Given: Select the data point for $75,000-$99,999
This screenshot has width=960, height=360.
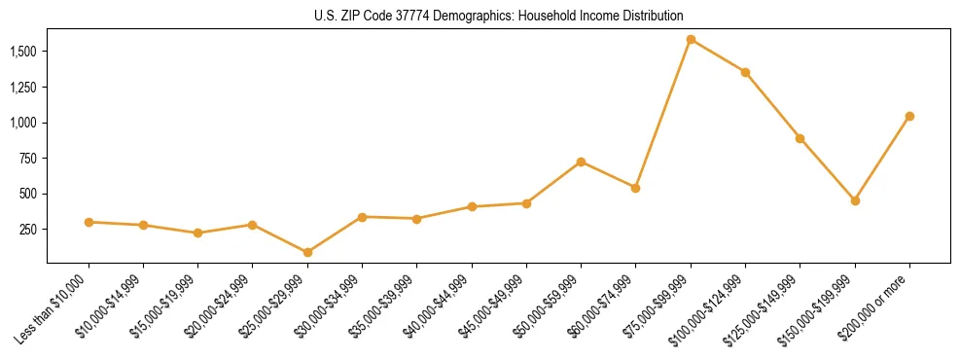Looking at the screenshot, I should (691, 40).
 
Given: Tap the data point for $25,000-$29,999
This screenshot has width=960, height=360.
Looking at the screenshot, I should (307, 252).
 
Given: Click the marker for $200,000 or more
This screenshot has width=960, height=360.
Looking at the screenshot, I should (909, 116).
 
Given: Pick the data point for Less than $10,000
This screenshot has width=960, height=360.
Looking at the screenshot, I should (89, 222).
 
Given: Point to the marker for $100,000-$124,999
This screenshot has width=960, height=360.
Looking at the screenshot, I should (745, 72).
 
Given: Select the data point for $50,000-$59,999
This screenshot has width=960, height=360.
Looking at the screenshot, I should (581, 162).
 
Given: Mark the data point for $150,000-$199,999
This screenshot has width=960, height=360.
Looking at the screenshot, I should (855, 200).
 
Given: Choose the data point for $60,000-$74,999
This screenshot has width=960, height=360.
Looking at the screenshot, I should (635, 188).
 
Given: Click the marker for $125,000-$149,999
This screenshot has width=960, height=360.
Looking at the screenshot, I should (800, 138).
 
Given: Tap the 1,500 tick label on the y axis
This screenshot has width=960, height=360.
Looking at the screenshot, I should (24, 51).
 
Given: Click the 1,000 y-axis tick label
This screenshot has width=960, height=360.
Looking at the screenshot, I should (24, 123).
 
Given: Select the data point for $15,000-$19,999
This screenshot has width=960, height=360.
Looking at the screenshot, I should (197, 233).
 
